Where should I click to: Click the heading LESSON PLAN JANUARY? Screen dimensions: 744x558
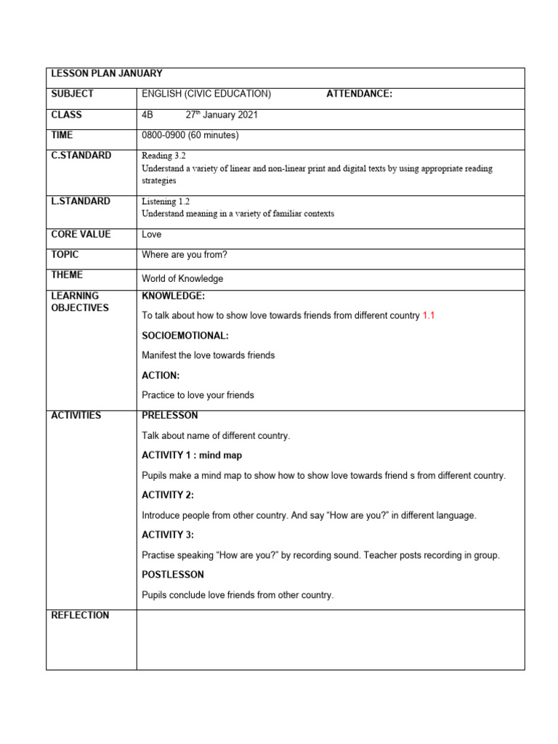click(106, 73)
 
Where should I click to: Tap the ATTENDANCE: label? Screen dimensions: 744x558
click(359, 94)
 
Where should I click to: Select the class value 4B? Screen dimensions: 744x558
click(148, 115)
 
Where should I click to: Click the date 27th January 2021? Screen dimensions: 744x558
click(222, 115)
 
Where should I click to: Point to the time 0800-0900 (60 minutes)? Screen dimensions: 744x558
click(190, 135)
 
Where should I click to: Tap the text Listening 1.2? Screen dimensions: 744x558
click(166, 201)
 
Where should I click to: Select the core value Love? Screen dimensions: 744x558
click(152, 235)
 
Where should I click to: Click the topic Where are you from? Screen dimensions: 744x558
click(187, 255)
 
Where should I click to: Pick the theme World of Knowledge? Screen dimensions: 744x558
click(182, 278)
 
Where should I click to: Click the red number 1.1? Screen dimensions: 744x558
click(429, 315)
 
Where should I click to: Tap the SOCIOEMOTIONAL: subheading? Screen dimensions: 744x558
click(185, 336)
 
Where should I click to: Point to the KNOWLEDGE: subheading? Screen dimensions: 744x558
click(174, 296)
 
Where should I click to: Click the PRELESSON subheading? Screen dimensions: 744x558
click(170, 416)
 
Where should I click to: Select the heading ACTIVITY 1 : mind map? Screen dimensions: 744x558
click(192, 456)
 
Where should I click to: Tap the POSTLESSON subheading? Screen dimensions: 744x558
click(173, 575)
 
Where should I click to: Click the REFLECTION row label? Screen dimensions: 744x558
click(80, 615)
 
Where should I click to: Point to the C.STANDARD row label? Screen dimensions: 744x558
click(81, 155)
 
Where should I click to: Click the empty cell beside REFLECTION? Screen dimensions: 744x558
click(330, 639)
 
